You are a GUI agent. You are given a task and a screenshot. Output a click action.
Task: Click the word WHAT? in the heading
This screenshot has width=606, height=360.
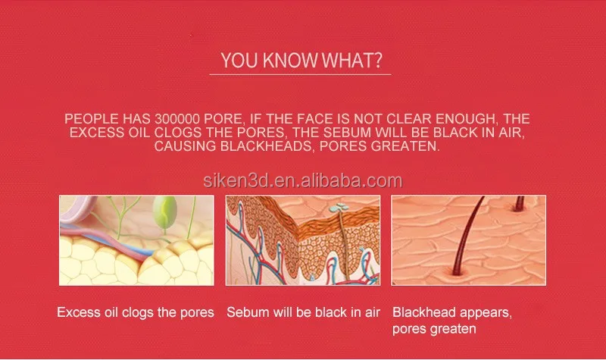[351, 61]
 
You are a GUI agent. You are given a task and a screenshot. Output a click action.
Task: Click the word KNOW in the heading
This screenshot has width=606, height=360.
[290, 61]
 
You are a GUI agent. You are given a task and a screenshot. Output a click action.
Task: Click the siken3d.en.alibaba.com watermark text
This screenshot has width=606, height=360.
[302, 180]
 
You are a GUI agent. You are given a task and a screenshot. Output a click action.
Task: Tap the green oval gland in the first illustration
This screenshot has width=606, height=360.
[164, 211]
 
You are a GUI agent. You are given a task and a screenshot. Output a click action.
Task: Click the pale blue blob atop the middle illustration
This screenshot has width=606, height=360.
[339, 208]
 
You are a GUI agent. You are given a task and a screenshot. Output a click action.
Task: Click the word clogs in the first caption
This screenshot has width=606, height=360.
[138, 313]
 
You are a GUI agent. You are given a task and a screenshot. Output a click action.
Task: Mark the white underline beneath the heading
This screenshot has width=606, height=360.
[300, 74]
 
